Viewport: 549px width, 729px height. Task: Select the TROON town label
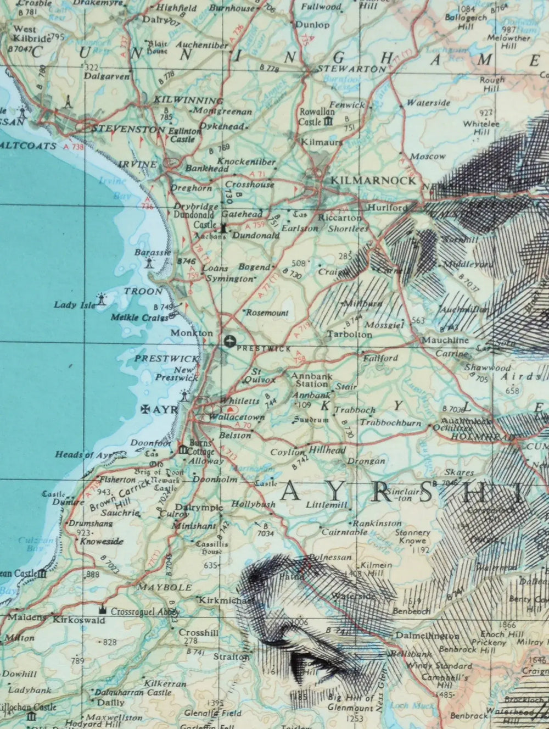143,291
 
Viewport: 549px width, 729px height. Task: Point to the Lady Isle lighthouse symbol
102,300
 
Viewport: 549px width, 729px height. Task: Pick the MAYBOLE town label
165,587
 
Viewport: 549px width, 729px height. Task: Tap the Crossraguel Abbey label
145,611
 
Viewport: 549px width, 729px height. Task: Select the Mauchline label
445,341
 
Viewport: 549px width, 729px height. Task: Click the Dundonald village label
256,235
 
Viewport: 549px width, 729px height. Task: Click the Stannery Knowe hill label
412,536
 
